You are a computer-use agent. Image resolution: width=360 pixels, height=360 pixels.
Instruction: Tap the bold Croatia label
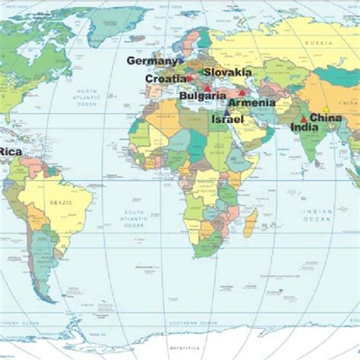[165, 78]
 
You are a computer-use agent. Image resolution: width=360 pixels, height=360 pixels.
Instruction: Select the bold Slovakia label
[227, 72]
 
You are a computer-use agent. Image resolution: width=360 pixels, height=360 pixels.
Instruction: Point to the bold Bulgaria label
[202, 96]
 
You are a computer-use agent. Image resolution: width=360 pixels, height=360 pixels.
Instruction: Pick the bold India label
[304, 128]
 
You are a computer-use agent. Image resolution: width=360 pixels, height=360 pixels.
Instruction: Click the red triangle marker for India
[304, 118]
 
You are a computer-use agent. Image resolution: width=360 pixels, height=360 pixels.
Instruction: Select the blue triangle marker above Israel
[226, 112]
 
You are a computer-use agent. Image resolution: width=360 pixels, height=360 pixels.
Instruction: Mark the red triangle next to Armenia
[242, 93]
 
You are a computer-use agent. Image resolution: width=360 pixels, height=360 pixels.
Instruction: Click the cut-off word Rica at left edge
[11, 152]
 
